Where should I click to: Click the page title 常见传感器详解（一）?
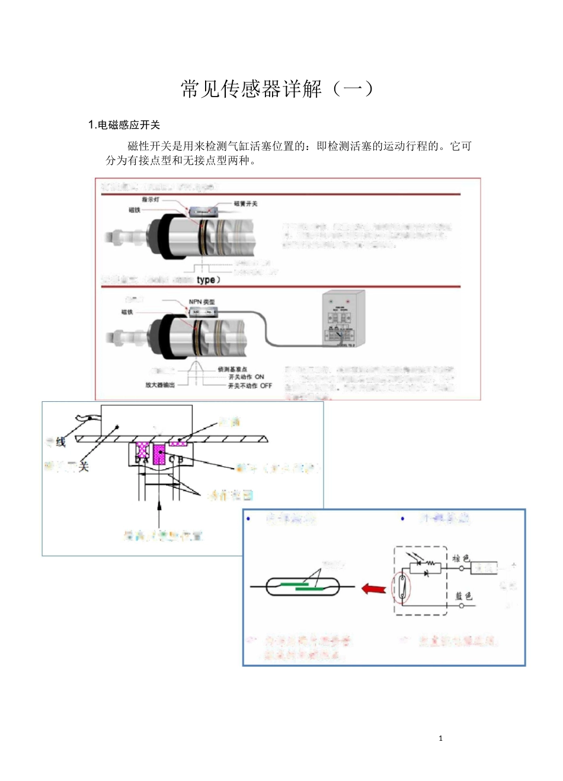click(x=277, y=89)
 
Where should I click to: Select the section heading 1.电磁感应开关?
click(x=124, y=124)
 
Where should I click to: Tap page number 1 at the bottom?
click(x=440, y=738)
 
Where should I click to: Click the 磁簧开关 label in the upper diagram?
click(x=245, y=203)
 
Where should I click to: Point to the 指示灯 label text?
click(x=151, y=200)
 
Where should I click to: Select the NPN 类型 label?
click(x=201, y=302)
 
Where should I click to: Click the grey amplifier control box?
click(x=343, y=318)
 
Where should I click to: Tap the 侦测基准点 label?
click(x=232, y=369)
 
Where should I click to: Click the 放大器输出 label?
click(x=160, y=385)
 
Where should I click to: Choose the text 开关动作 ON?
click(x=246, y=377)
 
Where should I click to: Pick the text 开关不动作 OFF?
click(x=249, y=385)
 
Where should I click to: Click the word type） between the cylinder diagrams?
click(x=208, y=280)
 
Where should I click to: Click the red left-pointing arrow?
click(x=373, y=588)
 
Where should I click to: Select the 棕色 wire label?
click(x=460, y=558)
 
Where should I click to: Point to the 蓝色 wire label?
click(x=463, y=596)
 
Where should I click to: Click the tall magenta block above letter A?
click(x=159, y=454)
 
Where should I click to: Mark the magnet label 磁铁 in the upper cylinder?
click(x=135, y=210)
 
